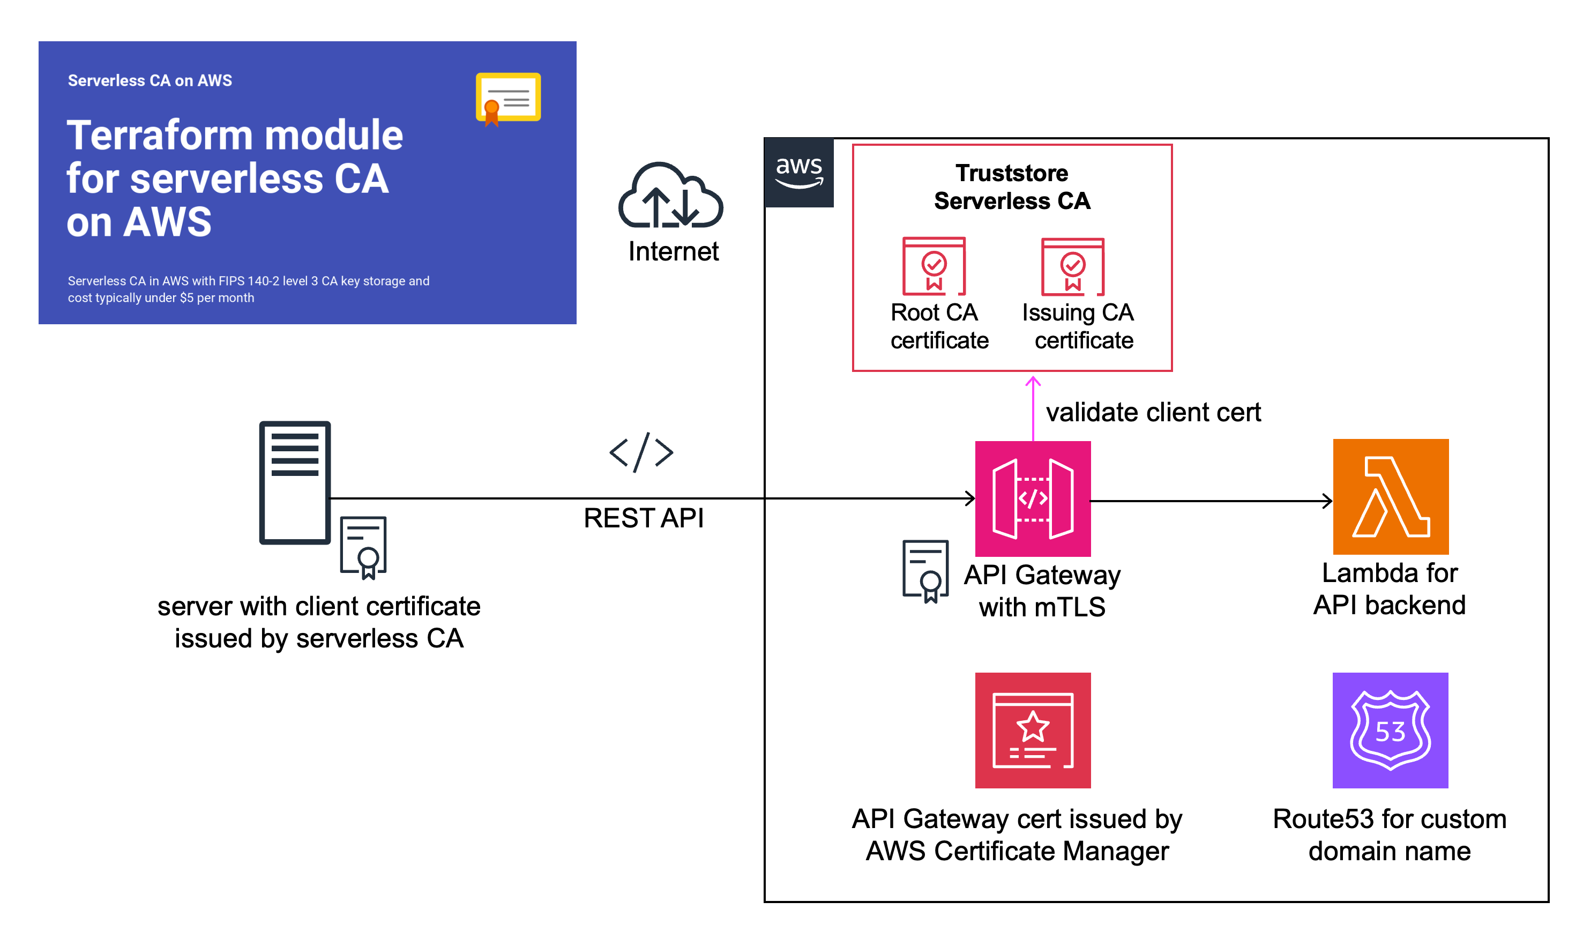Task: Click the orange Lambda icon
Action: pos(1390,497)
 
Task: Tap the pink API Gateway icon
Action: pos(1033,498)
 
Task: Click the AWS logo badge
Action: pos(799,172)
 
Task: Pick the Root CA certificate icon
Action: pos(934,266)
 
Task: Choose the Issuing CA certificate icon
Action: pos(1072,267)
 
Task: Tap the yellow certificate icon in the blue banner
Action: pos(508,98)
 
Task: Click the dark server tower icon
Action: pos(295,482)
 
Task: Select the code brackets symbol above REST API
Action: pos(641,452)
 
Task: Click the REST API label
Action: pos(644,518)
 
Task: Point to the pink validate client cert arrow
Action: pos(1033,408)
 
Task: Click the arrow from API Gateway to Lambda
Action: pos(1211,501)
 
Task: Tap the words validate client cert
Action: pos(1153,413)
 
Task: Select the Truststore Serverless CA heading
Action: pos(1012,187)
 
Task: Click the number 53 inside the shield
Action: pos(1390,732)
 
